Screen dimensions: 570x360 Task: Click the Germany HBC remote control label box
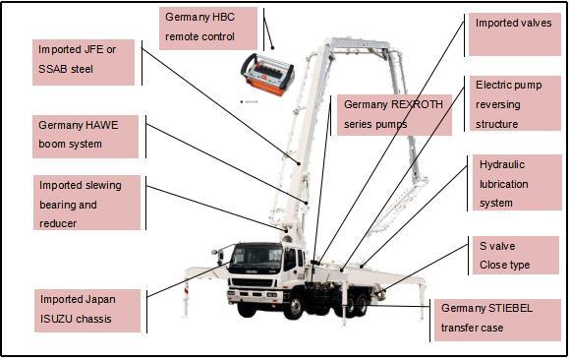point(208,29)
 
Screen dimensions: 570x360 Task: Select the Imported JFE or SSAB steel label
point(84,62)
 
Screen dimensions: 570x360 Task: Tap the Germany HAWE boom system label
point(85,137)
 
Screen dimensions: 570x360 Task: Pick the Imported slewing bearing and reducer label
point(86,203)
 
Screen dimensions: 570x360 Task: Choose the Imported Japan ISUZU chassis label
point(87,311)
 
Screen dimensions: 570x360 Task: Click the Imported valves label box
point(515,34)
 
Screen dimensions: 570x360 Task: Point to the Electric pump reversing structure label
point(515,103)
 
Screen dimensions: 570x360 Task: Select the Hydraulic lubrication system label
point(517,182)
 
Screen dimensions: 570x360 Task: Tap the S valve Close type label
point(516,255)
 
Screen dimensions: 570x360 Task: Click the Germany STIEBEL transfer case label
point(497,320)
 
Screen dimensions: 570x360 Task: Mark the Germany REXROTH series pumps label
point(394,115)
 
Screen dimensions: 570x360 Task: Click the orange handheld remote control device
point(267,75)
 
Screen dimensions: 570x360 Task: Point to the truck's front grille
point(252,282)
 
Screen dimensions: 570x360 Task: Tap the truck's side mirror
point(220,256)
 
